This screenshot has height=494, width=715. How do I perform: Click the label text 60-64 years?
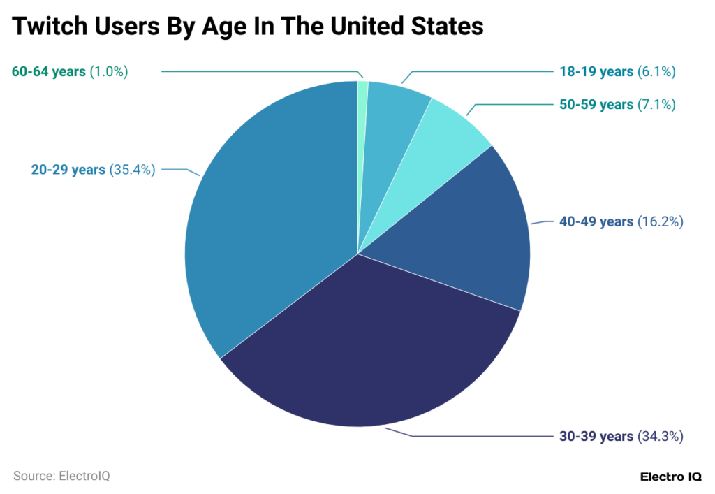[49, 71]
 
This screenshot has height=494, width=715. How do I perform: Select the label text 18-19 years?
[596, 71]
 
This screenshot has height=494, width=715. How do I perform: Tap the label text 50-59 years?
[596, 105]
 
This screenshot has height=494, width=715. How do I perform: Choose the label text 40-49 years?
[596, 221]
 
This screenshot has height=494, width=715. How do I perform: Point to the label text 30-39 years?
[596, 436]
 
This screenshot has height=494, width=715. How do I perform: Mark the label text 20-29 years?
[68, 169]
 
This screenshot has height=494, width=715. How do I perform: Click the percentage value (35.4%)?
[132, 169]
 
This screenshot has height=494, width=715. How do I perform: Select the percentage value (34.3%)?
[660, 436]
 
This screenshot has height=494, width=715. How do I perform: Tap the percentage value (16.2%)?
[660, 221]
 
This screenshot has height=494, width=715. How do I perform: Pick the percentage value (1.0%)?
[109, 71]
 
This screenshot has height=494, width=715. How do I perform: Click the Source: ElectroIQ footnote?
[61, 476]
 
